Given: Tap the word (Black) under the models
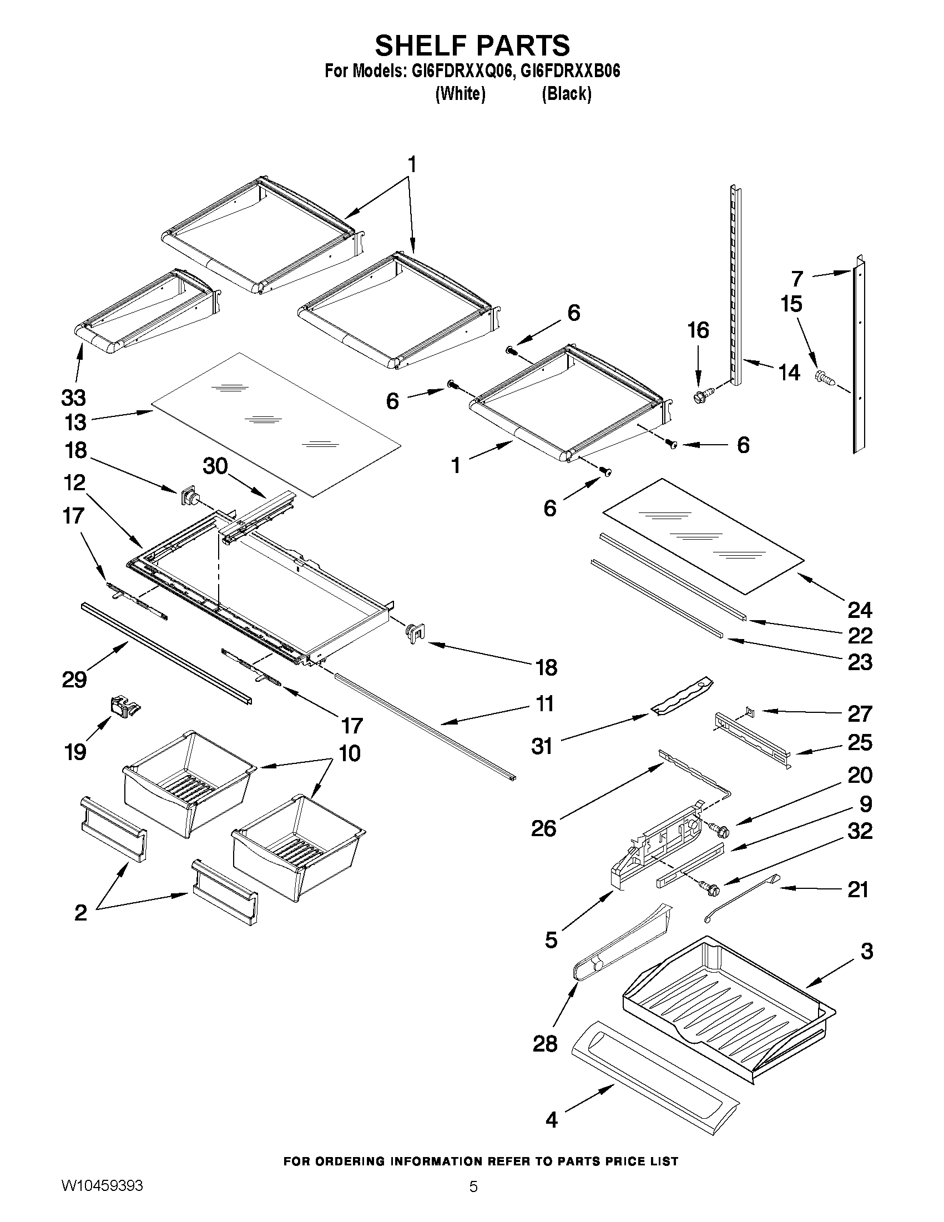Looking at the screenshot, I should click(x=566, y=93).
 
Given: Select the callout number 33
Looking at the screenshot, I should click(x=73, y=398).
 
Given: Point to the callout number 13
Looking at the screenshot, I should click(x=75, y=423).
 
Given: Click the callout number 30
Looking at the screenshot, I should click(x=215, y=465).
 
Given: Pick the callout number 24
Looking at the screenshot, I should click(x=860, y=610).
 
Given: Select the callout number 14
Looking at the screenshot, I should click(x=789, y=372).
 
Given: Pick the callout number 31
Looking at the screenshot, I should click(x=541, y=746).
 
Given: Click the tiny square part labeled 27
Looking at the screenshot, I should click(x=750, y=712).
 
